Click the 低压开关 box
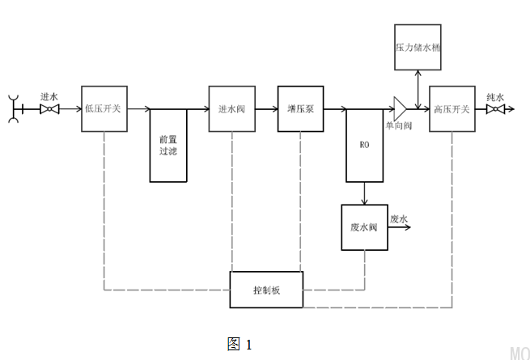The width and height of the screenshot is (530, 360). (x=104, y=108)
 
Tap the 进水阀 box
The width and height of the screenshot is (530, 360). (x=231, y=108)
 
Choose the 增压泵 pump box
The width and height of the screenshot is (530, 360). (x=300, y=108)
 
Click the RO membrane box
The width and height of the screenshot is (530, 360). (x=364, y=146)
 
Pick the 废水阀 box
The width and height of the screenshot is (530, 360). (x=364, y=227)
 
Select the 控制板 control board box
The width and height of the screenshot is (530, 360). (x=266, y=289)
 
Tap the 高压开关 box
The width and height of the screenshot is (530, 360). (x=452, y=108)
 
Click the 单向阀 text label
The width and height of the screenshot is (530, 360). (x=399, y=126)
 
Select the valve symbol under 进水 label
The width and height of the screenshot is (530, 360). (x=49, y=108)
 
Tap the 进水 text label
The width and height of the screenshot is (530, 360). (x=49, y=96)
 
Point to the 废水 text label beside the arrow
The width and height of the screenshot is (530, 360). (x=399, y=219)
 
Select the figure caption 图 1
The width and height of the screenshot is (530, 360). (x=240, y=344)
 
